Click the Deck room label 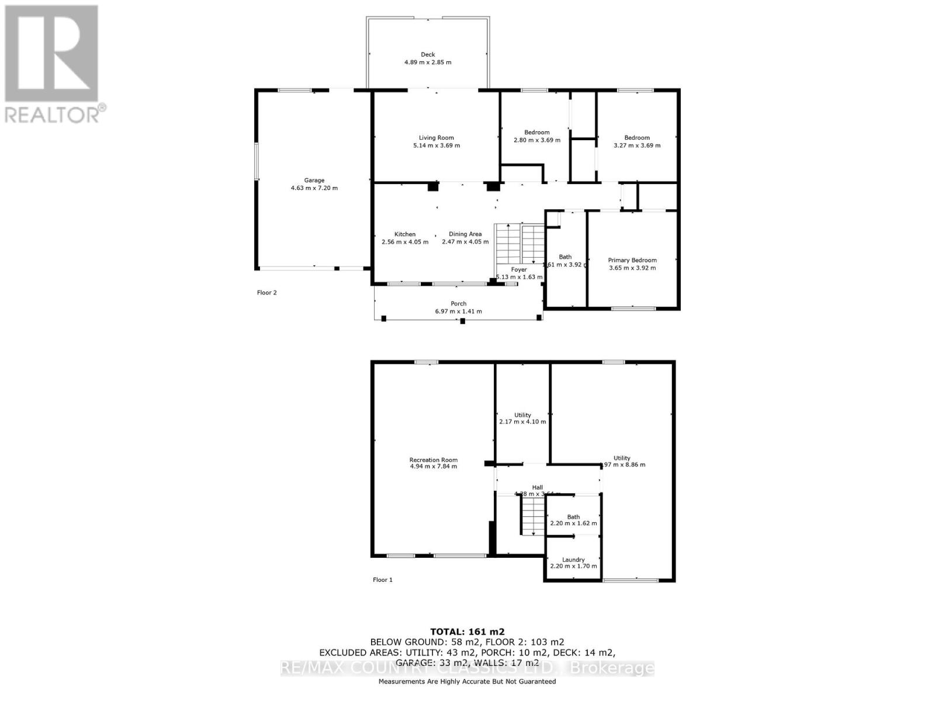click(x=428, y=54)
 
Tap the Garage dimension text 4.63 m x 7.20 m click(x=314, y=188)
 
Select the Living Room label click(x=436, y=138)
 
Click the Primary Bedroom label click(x=632, y=261)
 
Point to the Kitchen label click(x=404, y=234)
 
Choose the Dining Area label click(x=465, y=234)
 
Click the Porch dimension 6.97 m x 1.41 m click(x=458, y=311)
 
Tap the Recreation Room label click(x=433, y=460)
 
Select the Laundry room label click(x=573, y=560)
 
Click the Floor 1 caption click(x=383, y=580)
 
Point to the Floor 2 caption click(x=266, y=293)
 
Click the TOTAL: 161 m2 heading click(x=467, y=631)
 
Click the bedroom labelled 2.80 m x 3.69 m click(x=536, y=136)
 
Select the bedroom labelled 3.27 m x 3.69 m click(x=636, y=141)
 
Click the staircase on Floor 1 click(x=532, y=517)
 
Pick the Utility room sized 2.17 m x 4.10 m click(x=522, y=418)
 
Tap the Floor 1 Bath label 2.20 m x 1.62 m click(x=573, y=520)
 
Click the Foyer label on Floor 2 click(x=519, y=270)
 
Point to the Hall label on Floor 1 click(x=537, y=487)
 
